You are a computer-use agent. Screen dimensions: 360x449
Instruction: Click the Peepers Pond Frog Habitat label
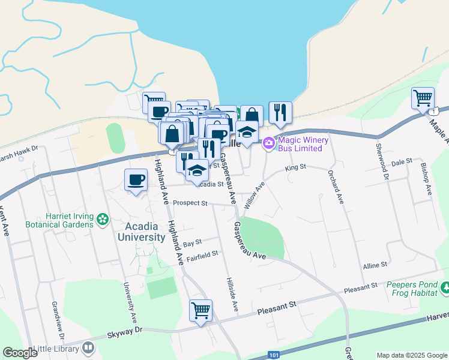click(x=410, y=289)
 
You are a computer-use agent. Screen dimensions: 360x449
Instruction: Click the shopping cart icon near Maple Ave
click(x=423, y=97)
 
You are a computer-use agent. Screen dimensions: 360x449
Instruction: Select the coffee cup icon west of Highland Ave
click(x=136, y=179)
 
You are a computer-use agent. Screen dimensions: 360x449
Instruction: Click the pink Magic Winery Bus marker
click(x=268, y=143)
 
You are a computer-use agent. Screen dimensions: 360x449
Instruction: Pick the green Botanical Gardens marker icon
click(x=103, y=220)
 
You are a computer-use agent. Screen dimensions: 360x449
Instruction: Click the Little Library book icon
click(x=88, y=348)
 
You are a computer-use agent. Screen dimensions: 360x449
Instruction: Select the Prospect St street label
click(x=190, y=203)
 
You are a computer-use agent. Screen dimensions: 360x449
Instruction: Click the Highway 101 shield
click(x=274, y=355)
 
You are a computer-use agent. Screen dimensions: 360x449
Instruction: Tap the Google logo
click(x=20, y=353)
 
